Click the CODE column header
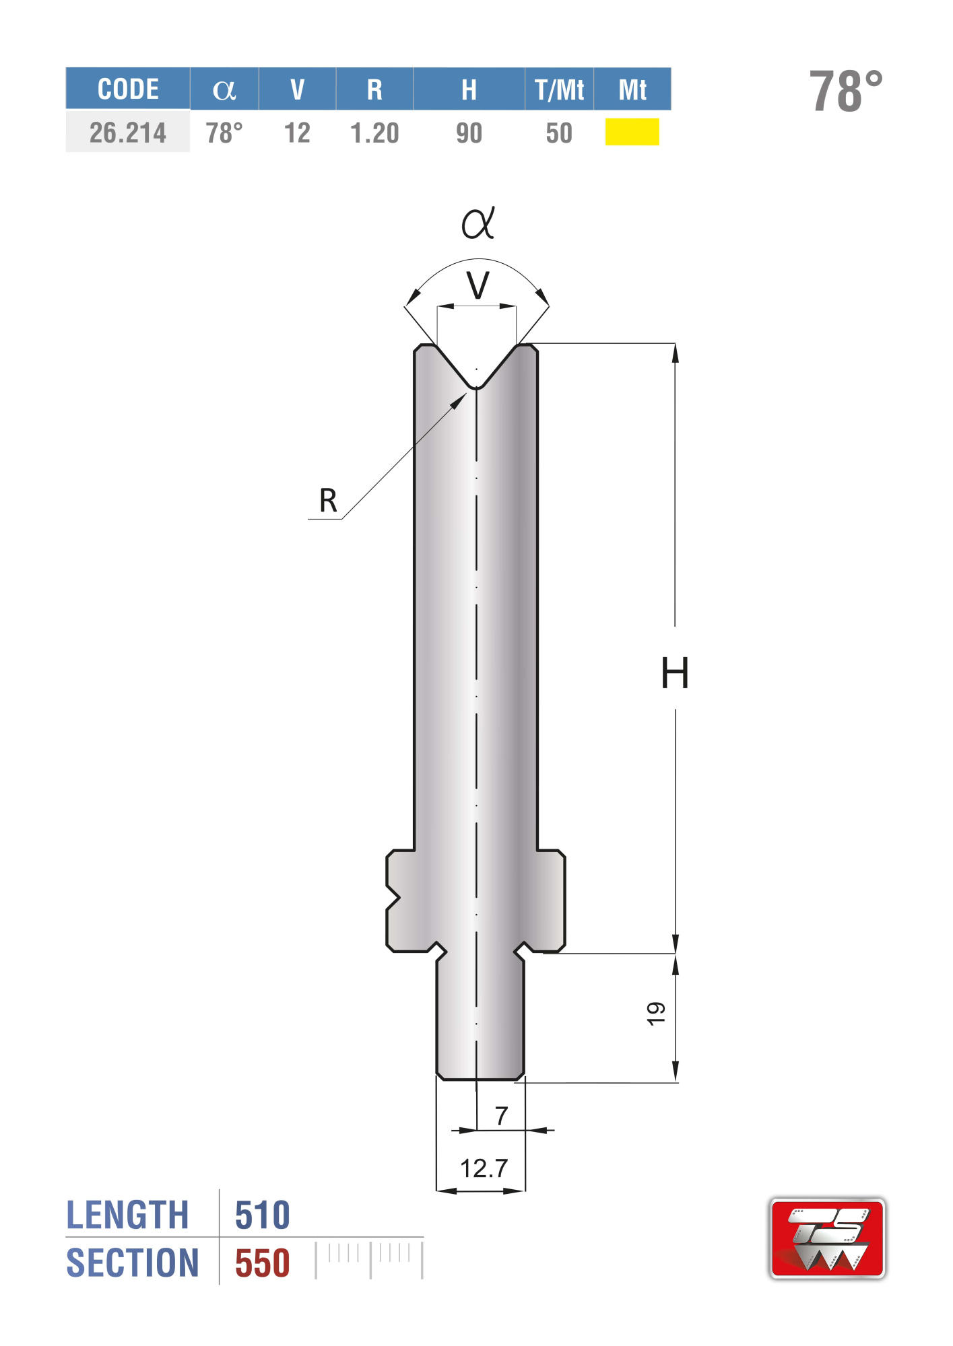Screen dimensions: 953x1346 point(128,90)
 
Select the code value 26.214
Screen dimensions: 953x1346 point(128,133)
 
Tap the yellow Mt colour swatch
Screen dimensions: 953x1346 point(632,132)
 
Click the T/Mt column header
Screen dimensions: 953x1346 point(560,90)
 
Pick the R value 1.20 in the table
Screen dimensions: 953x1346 point(374,133)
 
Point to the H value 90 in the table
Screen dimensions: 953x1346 point(469,133)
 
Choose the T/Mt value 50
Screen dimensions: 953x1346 point(559,133)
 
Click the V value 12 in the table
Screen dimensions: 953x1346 point(297,133)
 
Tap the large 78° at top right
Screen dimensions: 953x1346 point(846,91)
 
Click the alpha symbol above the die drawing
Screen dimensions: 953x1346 point(478,223)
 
